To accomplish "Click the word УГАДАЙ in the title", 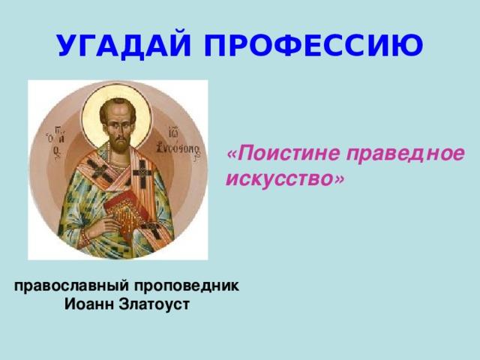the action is coord(123,45).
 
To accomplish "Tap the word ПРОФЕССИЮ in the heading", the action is coord(313,45).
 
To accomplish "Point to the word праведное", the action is coord(406,154).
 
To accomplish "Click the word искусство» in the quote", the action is coord(285,178).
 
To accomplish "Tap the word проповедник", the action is coord(187,286).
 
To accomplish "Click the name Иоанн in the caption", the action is coord(88,304).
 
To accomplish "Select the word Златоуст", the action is coord(154,304).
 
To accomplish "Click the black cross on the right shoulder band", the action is coord(142,172).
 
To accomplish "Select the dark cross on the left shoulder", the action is coord(98,171).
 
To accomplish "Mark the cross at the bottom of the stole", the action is coord(152,229).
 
